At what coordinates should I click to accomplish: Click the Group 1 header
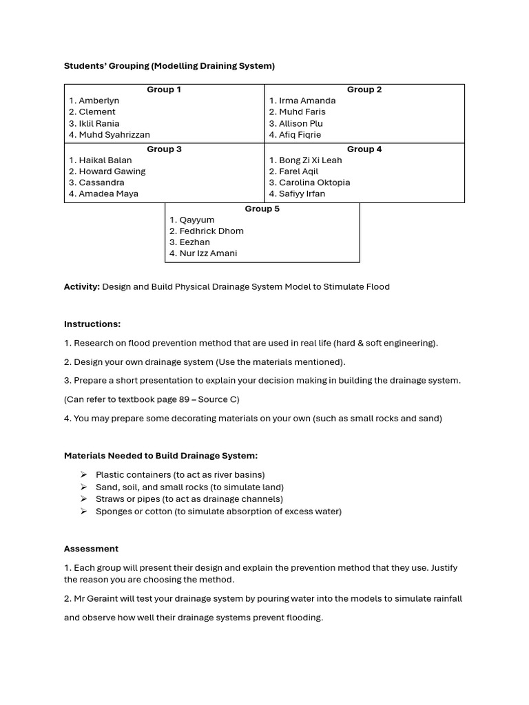tap(164, 90)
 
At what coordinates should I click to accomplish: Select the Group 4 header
tap(364, 149)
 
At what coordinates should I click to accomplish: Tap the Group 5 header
tap(262, 209)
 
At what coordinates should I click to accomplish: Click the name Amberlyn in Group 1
tap(98, 101)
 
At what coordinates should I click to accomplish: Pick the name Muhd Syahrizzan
tap(114, 135)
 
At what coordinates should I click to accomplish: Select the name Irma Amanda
tap(307, 101)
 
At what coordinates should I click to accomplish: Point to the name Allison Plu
tap(300, 124)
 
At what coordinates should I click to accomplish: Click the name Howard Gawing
tap(112, 171)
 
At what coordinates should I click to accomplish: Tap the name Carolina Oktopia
tap(314, 182)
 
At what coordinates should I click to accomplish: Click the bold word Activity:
tap(82, 286)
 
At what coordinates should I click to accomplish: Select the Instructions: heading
tap(92, 324)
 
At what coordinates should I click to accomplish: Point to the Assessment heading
tap(91, 549)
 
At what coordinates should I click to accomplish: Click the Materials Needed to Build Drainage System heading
tap(160, 455)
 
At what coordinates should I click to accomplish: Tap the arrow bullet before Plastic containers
tap(83, 474)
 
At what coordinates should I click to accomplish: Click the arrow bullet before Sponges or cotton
tap(83, 512)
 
